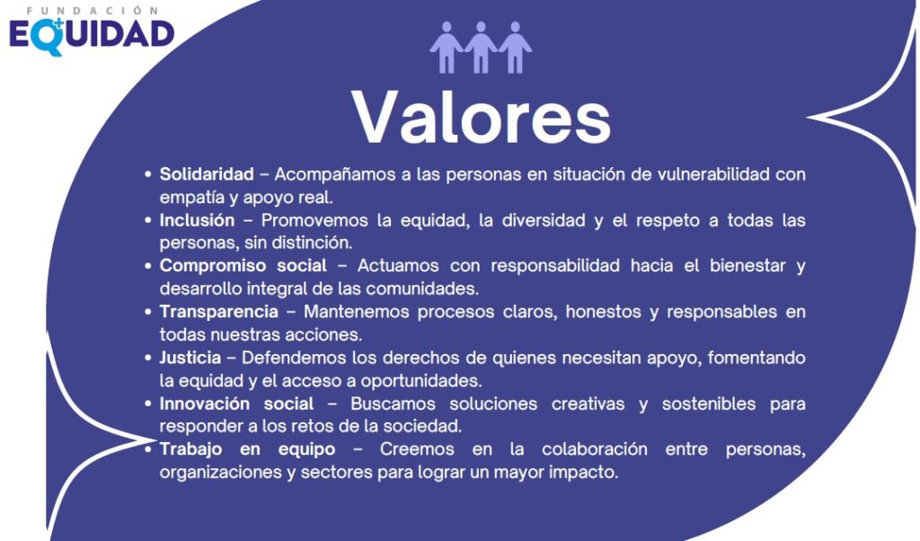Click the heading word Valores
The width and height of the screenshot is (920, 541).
point(481,117)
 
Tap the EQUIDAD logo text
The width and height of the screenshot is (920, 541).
point(92,34)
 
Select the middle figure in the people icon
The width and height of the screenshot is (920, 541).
point(481,48)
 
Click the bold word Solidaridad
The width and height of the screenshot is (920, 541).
point(207,174)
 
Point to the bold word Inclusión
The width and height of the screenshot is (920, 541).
point(198,220)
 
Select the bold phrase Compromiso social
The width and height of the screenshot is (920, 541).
point(243,266)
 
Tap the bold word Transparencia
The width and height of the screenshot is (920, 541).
point(219,312)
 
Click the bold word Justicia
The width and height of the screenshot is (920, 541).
point(190,358)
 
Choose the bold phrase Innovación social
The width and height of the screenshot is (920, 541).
point(237,404)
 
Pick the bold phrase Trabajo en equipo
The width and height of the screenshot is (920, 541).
point(247,449)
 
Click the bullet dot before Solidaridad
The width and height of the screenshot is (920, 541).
point(148,174)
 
